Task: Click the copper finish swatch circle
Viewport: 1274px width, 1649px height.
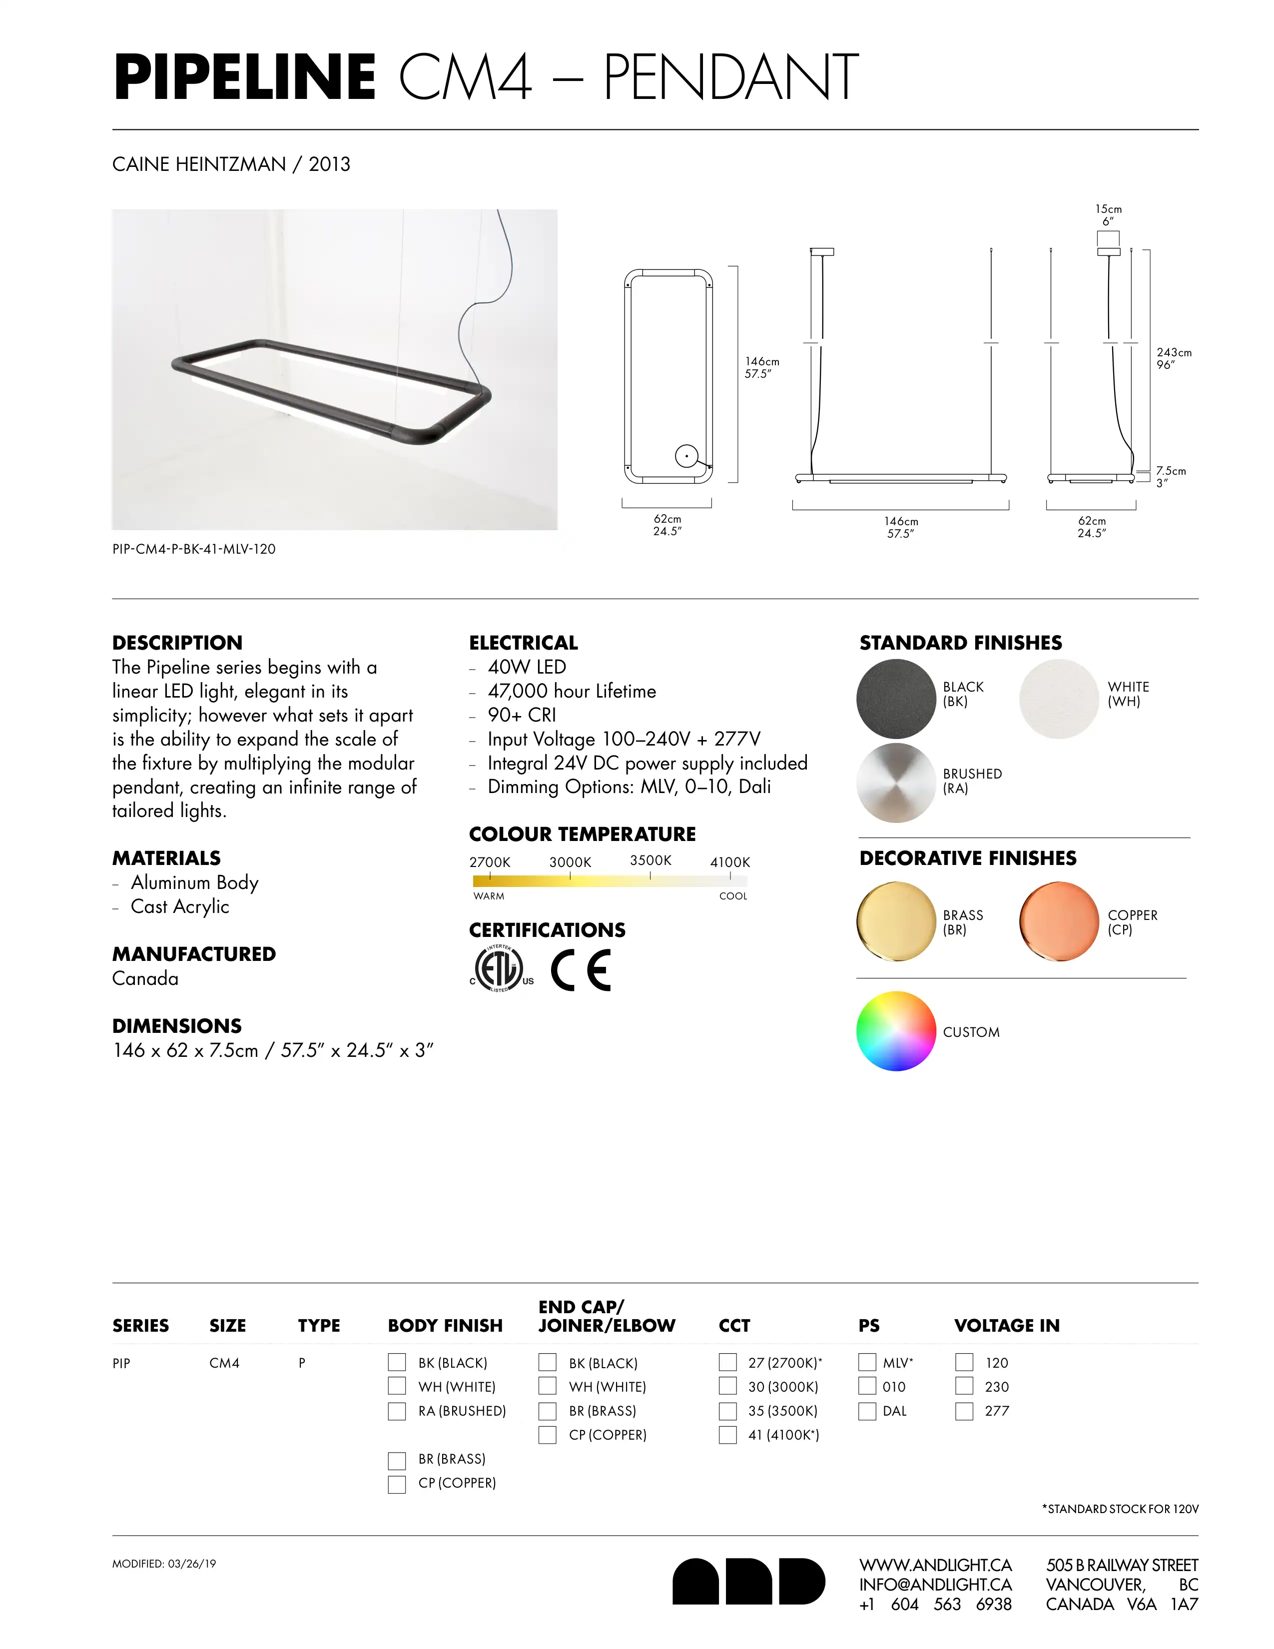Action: (1058, 921)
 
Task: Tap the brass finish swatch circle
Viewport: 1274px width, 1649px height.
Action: (896, 921)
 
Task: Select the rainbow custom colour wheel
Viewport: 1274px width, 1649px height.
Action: (896, 1030)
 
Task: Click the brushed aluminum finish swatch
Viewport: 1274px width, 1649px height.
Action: (896, 782)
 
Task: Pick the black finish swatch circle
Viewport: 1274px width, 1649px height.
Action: (896, 699)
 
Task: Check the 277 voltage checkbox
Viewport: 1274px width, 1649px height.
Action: (964, 1411)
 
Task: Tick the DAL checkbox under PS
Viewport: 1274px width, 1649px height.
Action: (867, 1411)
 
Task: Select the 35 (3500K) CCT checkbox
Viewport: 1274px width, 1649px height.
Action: (727, 1411)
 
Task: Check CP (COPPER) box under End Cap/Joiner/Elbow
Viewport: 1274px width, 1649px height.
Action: (547, 1435)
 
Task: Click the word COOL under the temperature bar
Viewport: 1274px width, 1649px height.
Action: (733, 896)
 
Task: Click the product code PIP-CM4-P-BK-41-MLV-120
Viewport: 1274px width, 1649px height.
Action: (194, 549)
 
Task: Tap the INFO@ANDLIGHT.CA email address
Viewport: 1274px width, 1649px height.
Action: (935, 1584)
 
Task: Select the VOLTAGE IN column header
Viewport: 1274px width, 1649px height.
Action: (1007, 1325)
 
